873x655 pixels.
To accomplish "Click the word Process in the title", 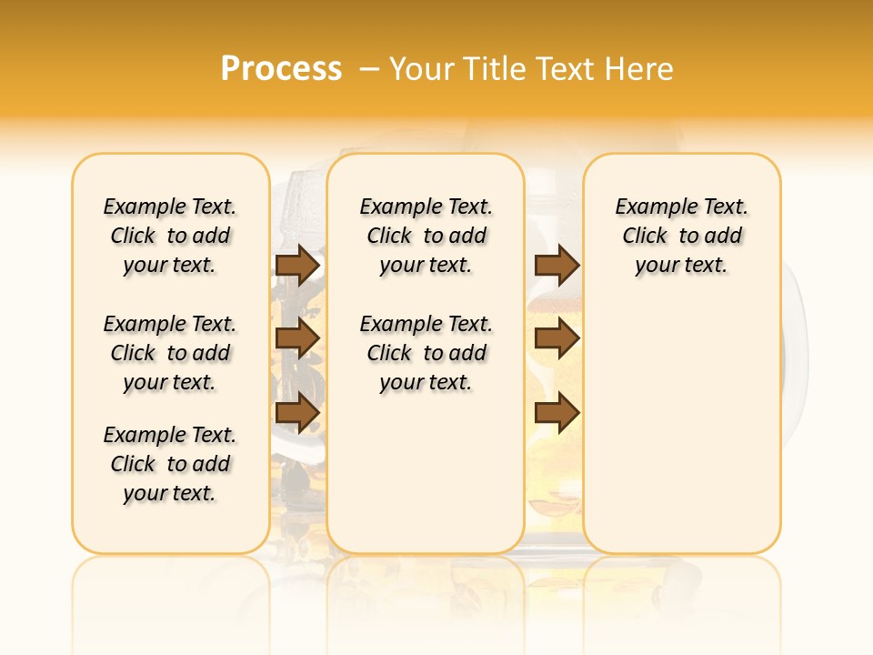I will coord(281,68).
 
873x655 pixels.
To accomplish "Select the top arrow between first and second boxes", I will coord(297,265).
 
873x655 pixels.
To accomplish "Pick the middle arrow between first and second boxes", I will coord(297,338).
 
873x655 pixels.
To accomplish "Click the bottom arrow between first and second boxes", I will coord(297,412).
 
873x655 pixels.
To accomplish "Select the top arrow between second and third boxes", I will coord(557,265).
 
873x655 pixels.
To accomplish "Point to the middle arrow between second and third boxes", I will coord(557,338).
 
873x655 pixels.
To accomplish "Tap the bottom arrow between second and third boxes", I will coord(557,412).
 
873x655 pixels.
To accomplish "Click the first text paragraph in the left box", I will coord(170,236).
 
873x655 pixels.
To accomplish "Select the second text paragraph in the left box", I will coord(170,353).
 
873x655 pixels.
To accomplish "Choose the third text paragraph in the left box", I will coord(170,464).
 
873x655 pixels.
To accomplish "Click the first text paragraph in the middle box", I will coord(426,236).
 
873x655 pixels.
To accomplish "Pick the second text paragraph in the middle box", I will coord(426,353).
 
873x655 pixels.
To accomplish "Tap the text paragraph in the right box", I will coord(682,236).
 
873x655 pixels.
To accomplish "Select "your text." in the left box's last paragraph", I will coord(170,493).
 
